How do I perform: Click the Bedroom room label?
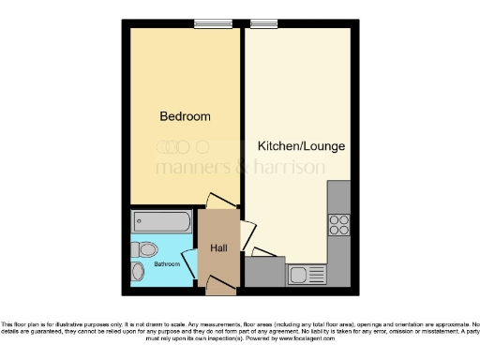[x=185, y=117]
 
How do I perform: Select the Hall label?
[x=218, y=247]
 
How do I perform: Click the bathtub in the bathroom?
[x=162, y=222]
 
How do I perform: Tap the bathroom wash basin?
[x=138, y=271]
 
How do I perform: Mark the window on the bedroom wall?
[x=207, y=24]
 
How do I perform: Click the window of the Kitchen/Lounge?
[x=263, y=24]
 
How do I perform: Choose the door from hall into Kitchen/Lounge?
[x=247, y=233]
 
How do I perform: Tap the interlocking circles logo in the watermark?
[x=173, y=146]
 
